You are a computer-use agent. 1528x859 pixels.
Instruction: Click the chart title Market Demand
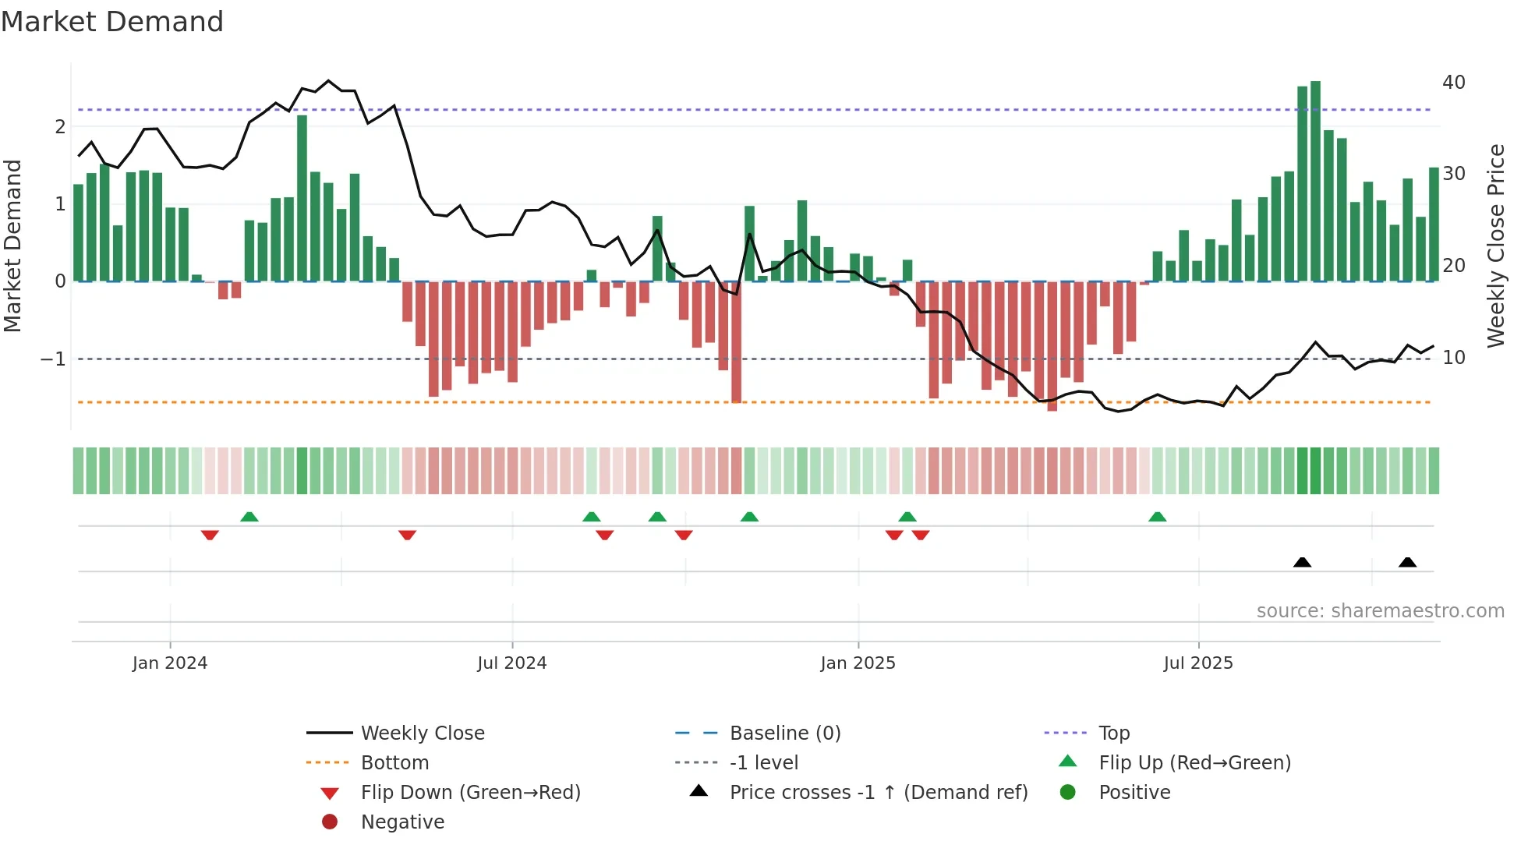point(112,22)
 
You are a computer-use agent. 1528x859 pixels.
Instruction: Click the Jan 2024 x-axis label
point(170,663)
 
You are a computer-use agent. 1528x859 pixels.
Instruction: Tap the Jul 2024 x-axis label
point(511,663)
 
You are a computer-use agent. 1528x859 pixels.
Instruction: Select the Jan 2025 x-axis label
point(858,663)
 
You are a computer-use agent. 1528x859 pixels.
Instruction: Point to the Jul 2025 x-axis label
point(1198,663)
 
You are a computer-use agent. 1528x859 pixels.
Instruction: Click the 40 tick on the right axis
point(1454,83)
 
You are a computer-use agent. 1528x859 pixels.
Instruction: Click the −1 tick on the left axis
point(53,359)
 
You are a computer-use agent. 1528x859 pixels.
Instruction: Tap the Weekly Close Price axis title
point(1495,246)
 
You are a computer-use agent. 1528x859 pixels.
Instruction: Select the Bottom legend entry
point(394,763)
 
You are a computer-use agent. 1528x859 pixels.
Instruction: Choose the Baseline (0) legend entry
point(785,734)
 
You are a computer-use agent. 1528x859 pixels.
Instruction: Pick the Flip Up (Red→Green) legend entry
point(1194,763)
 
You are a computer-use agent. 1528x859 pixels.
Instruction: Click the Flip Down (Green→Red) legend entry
point(470,793)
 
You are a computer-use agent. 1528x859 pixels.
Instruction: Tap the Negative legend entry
point(402,822)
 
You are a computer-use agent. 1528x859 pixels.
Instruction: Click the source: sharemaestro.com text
point(1380,611)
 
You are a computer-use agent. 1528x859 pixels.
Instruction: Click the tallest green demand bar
point(1316,181)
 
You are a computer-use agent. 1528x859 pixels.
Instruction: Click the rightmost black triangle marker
point(1407,562)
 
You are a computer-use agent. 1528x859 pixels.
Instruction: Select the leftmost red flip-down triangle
point(210,535)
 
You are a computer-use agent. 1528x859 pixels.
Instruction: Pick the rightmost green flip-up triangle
point(1157,517)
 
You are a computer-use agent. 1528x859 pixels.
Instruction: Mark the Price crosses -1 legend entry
point(879,793)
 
